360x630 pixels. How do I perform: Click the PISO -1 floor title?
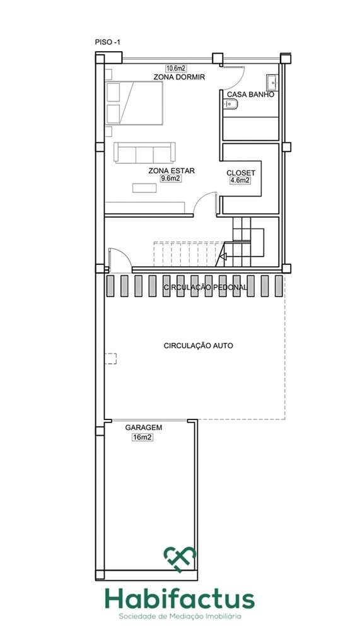tap(107, 42)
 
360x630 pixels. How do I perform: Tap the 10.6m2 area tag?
tap(177, 68)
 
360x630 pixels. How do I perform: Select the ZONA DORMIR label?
tap(179, 77)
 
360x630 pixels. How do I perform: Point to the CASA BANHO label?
tap(250, 94)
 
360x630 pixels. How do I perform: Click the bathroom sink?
tap(272, 81)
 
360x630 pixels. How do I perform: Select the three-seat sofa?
tap(144, 153)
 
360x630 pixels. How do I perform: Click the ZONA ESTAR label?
tap(171, 170)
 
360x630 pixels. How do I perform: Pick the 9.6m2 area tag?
tap(171, 178)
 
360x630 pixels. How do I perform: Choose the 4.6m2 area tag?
tap(240, 180)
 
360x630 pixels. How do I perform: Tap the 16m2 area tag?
tap(143, 436)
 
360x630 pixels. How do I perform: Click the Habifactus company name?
tap(180, 598)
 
